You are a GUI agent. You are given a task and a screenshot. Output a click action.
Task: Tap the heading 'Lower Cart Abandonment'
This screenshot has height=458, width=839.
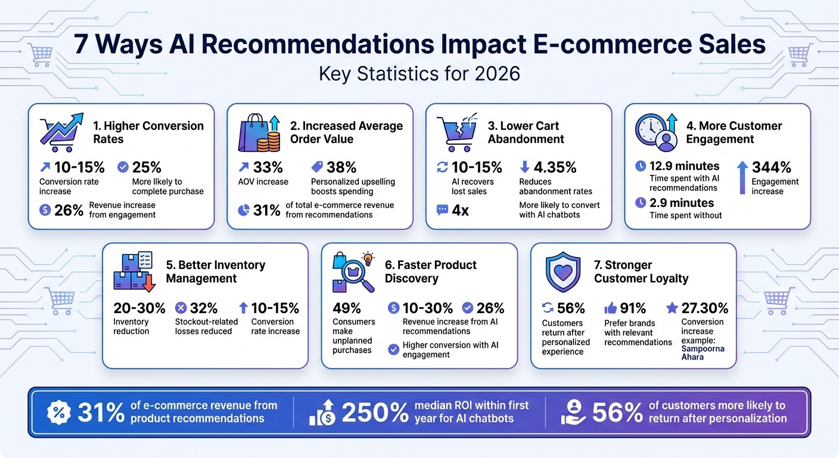coord(526,132)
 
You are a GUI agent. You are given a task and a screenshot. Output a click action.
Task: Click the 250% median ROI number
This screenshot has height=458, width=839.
coord(375,412)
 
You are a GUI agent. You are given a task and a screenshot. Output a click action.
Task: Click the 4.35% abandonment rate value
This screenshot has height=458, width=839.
coord(548,167)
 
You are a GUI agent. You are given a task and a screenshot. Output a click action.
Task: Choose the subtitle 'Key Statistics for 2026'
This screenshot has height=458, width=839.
coord(419,73)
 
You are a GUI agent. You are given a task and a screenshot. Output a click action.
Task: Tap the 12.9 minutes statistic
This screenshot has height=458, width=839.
coord(685,166)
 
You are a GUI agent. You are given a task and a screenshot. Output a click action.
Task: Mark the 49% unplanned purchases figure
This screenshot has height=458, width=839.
coord(347,308)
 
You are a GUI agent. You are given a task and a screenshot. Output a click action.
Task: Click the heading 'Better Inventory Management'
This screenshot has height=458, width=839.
coord(215,271)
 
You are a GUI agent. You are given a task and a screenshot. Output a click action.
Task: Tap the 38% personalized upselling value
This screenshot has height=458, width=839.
coord(342,167)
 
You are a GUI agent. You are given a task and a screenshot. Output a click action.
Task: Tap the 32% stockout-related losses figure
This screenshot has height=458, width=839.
coord(204,308)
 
